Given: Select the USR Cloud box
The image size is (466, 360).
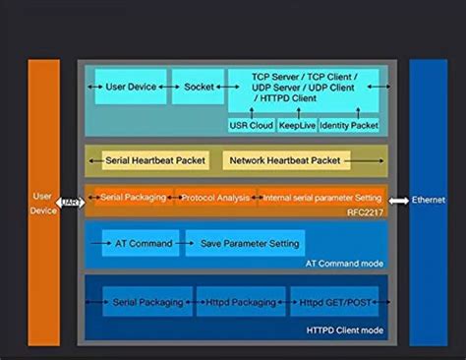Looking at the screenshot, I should click(250, 126).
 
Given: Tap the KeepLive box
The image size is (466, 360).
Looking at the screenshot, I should click(296, 126).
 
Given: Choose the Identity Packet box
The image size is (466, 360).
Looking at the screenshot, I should click(349, 126).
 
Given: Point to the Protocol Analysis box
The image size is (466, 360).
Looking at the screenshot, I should click(215, 198).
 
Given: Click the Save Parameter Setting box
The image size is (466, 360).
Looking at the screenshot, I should click(244, 242).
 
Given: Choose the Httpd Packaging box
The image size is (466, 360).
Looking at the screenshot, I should click(240, 303).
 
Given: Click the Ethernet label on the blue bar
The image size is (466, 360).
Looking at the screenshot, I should click(428, 199).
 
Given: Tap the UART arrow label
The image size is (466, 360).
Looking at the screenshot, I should click(71, 204).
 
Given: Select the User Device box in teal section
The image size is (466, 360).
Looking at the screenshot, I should click(130, 87).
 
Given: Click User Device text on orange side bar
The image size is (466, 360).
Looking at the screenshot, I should click(43, 203).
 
